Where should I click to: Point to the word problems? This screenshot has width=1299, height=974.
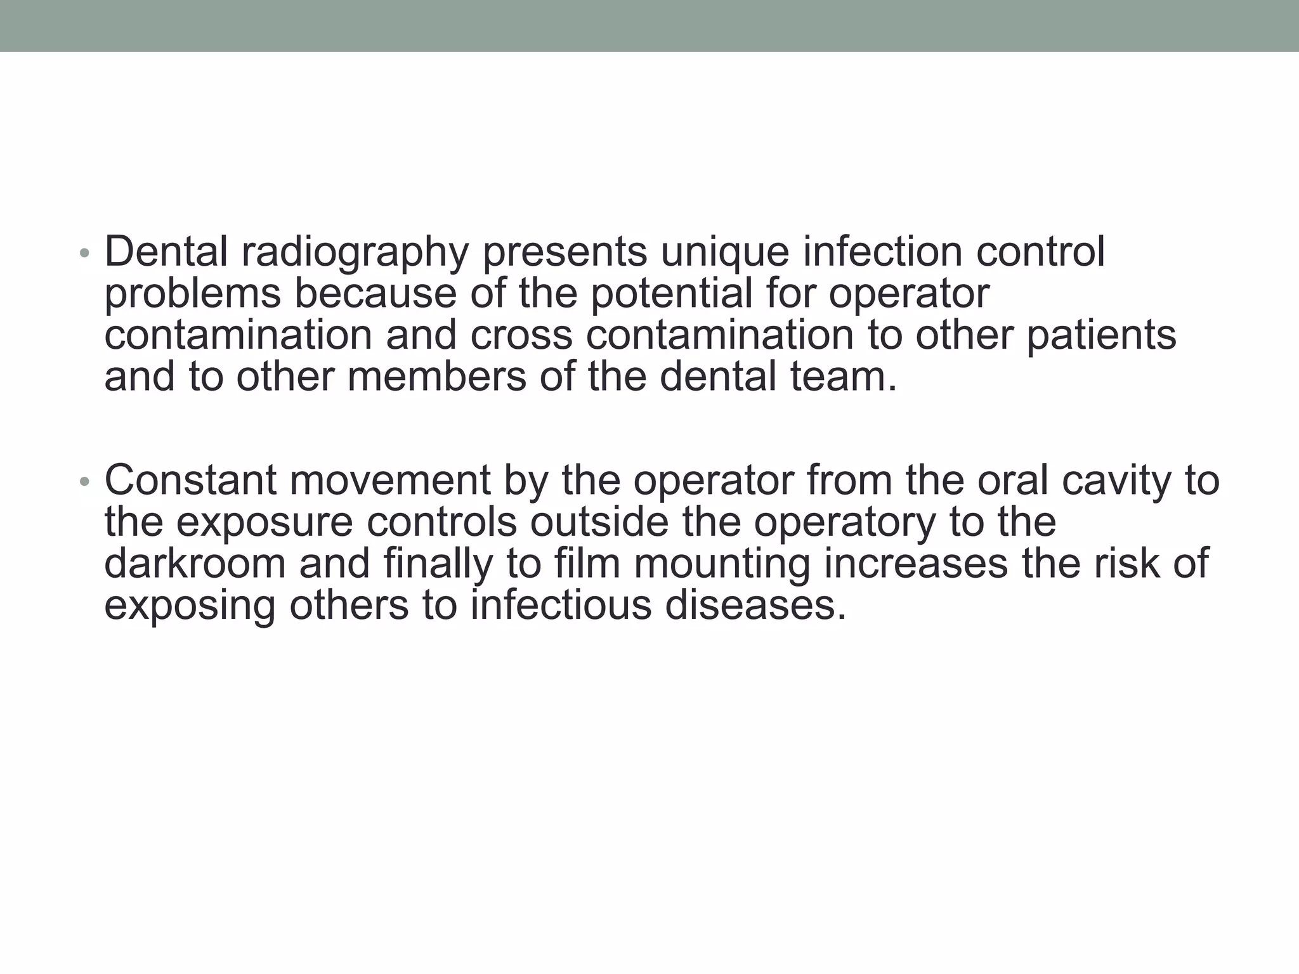tap(192, 294)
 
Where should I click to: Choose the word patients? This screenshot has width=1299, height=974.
tap(1101, 336)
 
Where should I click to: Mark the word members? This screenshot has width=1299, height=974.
tap(436, 376)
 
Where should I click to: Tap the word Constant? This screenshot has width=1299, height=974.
tap(190, 480)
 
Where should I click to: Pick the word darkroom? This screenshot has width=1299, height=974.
tap(195, 564)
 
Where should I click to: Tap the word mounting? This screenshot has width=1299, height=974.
tap(722, 565)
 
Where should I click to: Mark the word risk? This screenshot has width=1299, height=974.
tap(1125, 564)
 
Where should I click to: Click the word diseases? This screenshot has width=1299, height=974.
tap(755, 606)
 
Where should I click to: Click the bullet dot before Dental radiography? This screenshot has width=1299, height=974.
tap(84, 254)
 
